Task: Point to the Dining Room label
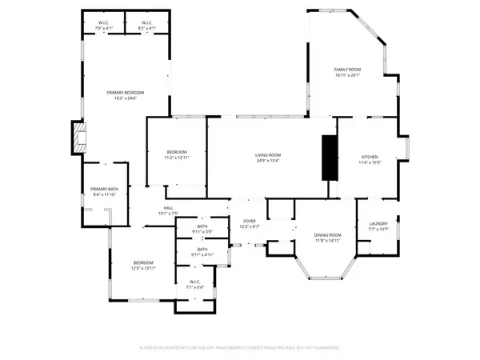coord(327,234)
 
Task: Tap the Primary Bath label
coord(104,189)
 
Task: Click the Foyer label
coord(249,222)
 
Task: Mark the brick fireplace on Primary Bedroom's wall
coord(78,138)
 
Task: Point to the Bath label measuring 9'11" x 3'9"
coord(202,227)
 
